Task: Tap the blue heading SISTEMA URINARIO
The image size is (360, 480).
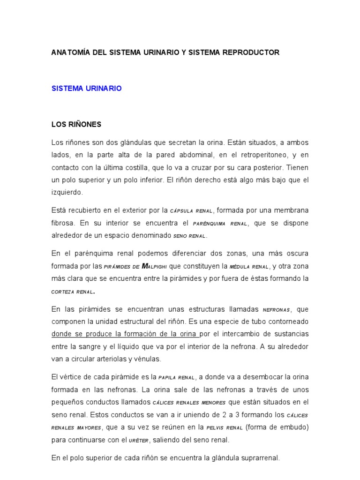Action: coord(86,88)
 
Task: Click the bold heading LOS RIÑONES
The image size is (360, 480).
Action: coord(76,125)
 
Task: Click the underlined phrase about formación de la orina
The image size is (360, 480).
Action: coord(125,334)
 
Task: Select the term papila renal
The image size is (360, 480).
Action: coord(176,377)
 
